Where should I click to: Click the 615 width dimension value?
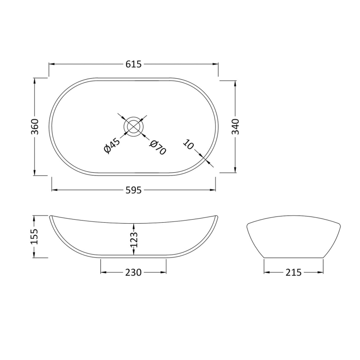[134, 64]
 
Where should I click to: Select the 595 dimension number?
[134, 190]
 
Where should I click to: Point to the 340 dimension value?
[236, 126]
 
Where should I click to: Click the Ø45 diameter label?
[111, 146]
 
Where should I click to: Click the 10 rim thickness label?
[189, 144]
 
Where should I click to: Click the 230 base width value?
[134, 273]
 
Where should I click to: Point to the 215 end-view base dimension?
[293, 273]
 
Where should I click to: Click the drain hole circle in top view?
[134, 126]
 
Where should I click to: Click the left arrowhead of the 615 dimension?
[51, 64]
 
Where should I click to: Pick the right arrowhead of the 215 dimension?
[321, 273]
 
